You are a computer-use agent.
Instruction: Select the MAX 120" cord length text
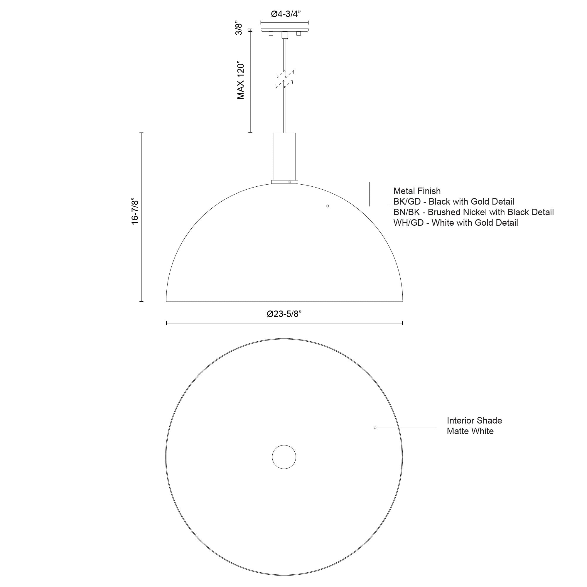[x=241, y=81]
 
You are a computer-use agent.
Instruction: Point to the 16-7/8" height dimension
[x=135, y=212]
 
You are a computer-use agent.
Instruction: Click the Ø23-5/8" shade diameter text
[x=284, y=314]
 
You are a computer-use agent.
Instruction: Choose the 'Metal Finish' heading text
[x=417, y=191]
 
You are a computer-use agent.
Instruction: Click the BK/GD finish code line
[x=454, y=202]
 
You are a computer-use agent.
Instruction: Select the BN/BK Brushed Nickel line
[x=473, y=212]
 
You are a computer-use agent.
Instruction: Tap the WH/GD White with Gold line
[x=456, y=223]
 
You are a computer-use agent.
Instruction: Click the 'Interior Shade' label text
[x=474, y=421]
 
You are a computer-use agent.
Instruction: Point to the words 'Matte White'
[x=470, y=431]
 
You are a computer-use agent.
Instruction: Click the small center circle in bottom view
[x=284, y=457]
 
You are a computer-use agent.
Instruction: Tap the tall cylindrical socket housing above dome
[x=285, y=156]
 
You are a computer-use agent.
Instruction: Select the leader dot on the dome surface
[x=328, y=206]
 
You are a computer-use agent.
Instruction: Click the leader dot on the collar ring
[x=290, y=182]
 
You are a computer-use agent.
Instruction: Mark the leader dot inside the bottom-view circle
[x=375, y=428]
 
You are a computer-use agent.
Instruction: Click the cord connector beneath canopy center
[x=285, y=35]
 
